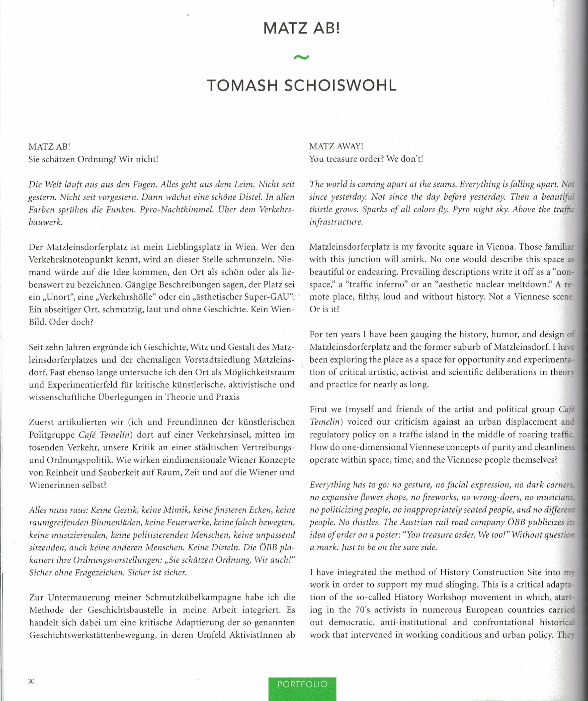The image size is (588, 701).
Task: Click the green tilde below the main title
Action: point(301,57)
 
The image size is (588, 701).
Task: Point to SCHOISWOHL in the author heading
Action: point(340,85)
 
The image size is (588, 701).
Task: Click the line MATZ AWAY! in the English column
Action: point(336,146)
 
